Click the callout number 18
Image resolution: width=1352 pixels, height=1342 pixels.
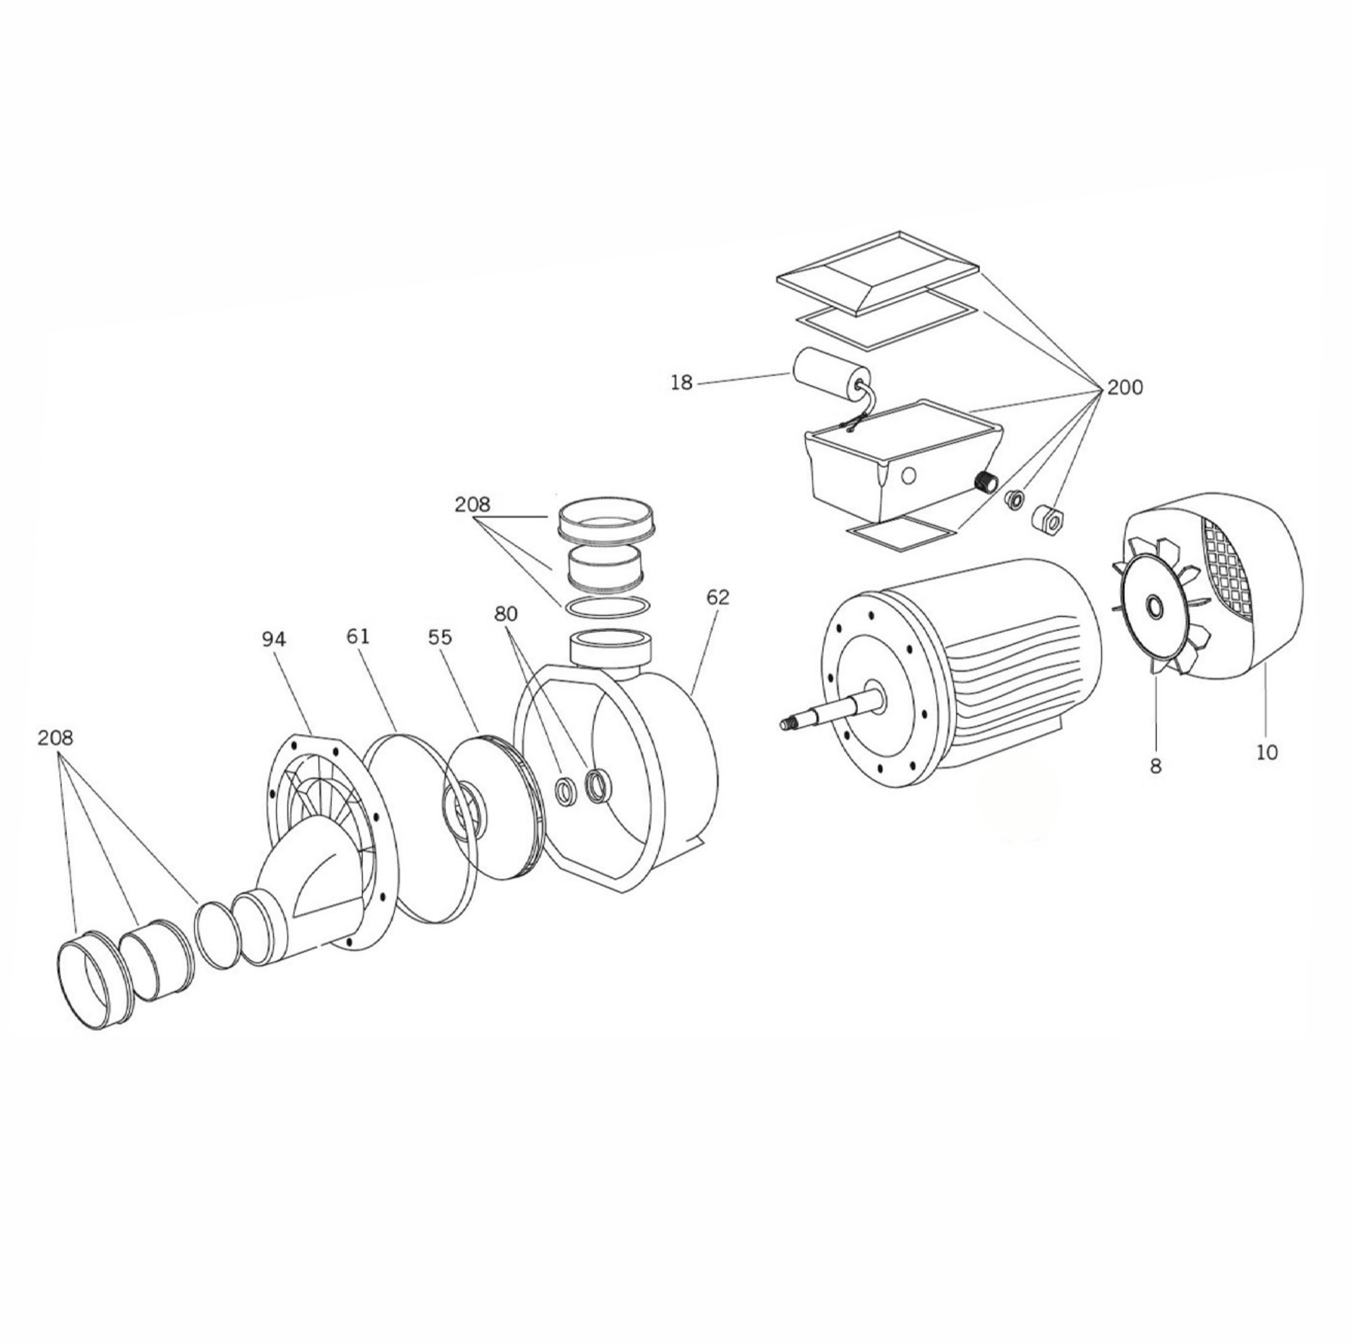681,383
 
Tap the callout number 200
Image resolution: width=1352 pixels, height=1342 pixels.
1125,387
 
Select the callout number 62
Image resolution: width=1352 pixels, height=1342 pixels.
717,597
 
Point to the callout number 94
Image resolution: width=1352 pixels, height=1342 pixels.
274,639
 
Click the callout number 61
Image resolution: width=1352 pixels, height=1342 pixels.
357,637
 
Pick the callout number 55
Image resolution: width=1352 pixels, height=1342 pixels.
440,637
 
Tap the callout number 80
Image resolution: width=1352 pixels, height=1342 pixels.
505,614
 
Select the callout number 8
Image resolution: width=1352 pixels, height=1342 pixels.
1155,766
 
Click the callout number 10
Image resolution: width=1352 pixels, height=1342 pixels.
1267,753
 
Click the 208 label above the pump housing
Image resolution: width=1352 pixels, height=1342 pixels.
473,504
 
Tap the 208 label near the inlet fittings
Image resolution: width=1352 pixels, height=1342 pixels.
56,737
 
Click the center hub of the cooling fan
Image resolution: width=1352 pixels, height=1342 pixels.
1154,607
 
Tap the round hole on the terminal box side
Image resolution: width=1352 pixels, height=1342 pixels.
909,476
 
